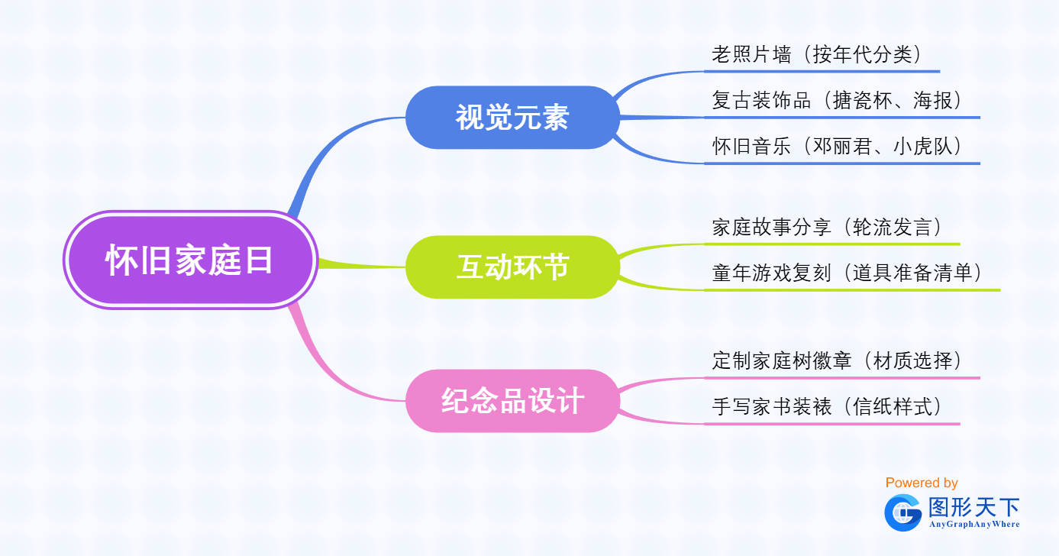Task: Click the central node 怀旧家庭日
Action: [190, 260]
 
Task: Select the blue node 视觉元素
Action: [512, 118]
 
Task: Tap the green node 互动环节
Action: [512, 267]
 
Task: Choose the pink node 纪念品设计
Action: [512, 401]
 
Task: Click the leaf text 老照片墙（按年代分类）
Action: [817, 54]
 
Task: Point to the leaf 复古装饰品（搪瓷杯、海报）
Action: [838, 100]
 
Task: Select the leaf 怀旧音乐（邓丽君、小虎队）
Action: [838, 146]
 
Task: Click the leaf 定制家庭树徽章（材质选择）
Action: [838, 360]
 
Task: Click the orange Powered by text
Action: [922, 483]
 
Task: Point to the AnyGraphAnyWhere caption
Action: [974, 524]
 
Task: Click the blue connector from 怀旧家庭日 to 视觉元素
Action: [326, 151]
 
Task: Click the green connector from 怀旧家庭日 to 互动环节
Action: [362, 265]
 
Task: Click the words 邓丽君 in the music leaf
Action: [842, 146]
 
